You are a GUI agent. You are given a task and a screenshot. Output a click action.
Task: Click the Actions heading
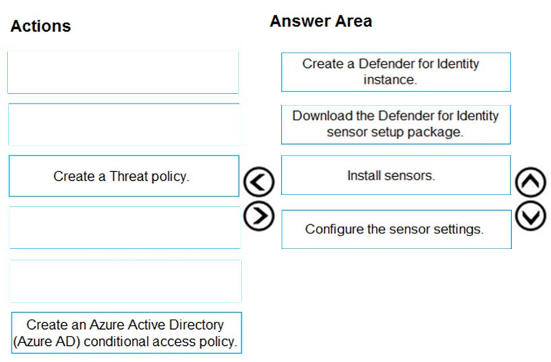click(x=41, y=26)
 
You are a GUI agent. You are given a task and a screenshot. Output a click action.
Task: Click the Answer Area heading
click(x=321, y=21)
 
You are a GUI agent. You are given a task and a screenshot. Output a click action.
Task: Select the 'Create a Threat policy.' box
click(x=124, y=176)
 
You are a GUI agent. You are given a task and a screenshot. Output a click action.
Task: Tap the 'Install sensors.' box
click(x=396, y=175)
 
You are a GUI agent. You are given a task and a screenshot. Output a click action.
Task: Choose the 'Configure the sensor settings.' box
click(x=396, y=229)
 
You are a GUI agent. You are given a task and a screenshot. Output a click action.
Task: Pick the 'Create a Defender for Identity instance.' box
click(x=396, y=72)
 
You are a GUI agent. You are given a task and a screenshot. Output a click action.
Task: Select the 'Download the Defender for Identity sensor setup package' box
click(x=395, y=124)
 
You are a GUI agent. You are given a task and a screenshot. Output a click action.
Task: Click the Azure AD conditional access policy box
click(x=127, y=333)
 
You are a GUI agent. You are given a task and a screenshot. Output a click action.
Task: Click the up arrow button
click(x=531, y=182)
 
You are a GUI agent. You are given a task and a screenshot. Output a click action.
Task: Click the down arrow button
click(x=531, y=216)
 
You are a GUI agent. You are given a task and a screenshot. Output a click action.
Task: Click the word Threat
click(x=129, y=176)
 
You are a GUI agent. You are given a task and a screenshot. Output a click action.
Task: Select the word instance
click(x=390, y=79)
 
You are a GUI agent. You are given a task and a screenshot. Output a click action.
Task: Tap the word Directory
click(x=197, y=325)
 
